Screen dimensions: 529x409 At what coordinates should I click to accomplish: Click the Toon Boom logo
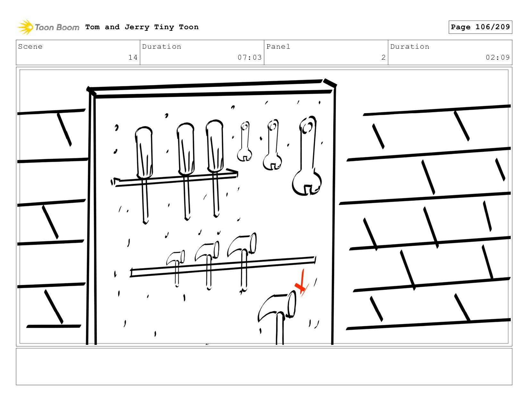[48, 27]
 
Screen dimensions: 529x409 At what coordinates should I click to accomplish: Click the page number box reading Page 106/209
[480, 27]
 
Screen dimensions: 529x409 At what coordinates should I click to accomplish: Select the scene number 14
[133, 57]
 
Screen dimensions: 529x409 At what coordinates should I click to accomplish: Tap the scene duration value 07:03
[249, 57]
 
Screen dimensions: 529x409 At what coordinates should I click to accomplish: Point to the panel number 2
[383, 57]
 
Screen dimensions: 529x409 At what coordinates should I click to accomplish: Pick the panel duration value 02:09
[498, 57]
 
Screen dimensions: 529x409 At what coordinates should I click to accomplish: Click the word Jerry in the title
[137, 27]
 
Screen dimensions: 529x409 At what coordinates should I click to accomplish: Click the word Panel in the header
[278, 47]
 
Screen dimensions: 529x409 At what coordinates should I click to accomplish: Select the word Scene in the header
[30, 47]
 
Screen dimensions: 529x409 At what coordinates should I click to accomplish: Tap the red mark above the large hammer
[302, 283]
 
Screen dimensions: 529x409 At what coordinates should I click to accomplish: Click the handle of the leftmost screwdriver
[144, 152]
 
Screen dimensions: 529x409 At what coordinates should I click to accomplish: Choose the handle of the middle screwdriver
[186, 149]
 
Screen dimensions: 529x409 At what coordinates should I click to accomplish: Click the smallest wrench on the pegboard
[245, 141]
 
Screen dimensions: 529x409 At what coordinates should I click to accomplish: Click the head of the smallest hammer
[176, 257]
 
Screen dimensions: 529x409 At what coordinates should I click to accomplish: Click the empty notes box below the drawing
[264, 367]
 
